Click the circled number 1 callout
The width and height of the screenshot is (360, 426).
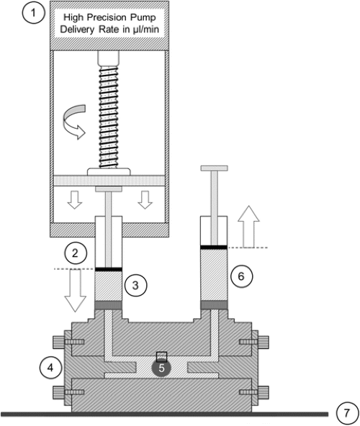(33, 13)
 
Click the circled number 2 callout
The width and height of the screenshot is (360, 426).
(76, 253)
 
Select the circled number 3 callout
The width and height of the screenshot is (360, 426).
(135, 285)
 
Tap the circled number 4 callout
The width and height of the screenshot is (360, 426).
(50, 368)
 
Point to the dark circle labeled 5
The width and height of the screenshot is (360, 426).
(161, 368)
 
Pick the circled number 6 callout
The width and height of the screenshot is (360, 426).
(241, 276)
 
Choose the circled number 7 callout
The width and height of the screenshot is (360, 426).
(346, 413)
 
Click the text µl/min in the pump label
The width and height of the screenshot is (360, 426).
(146, 29)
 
